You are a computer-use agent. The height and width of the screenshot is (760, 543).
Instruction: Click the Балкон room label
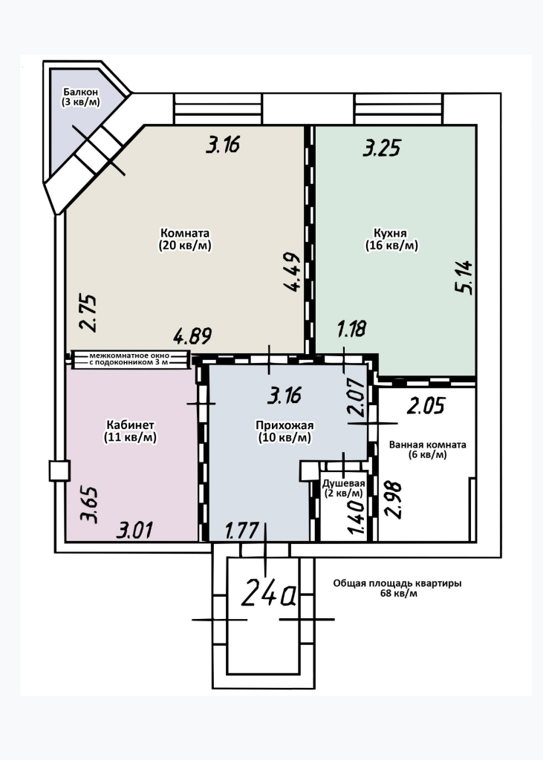pos(81,97)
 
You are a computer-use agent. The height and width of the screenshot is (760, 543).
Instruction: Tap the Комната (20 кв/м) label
pos(185,240)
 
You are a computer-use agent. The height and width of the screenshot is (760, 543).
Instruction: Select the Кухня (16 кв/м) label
pos(391,240)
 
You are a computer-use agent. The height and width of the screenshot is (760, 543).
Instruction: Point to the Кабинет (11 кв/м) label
pos(130,431)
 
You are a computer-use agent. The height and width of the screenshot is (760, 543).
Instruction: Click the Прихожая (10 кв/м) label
pos(284,431)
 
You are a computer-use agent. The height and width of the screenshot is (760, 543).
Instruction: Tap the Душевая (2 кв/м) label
pos(344,488)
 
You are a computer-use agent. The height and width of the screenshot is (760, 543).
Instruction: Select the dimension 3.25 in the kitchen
pos(382,148)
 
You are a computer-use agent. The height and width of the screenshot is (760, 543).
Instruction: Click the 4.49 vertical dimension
pos(293,272)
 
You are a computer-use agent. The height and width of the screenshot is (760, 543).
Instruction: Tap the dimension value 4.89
pos(193,336)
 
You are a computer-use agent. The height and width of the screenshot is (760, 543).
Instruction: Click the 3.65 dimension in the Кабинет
pos(90,504)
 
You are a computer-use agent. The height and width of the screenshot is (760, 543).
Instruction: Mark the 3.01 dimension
pos(134,530)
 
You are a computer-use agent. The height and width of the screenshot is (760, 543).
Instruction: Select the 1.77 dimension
pos(241,531)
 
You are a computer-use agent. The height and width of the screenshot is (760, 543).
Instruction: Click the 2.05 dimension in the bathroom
pos(426,406)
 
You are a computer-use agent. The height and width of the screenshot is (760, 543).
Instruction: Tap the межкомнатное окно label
pos(129,356)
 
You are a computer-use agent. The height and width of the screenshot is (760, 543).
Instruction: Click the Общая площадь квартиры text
pos(397,583)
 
